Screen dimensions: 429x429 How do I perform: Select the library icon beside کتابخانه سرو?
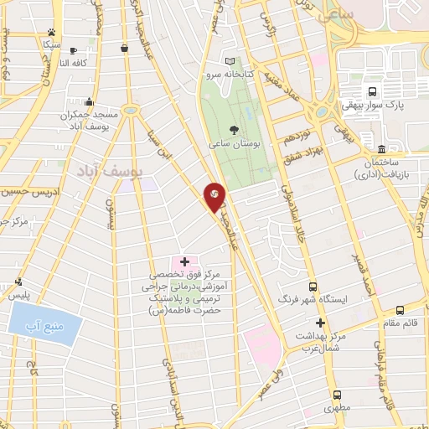(x=231, y=62)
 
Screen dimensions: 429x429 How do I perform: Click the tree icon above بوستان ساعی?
(x=233, y=129)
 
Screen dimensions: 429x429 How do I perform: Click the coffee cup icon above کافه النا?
(x=73, y=50)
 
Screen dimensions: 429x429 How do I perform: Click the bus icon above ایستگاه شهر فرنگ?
(x=313, y=287)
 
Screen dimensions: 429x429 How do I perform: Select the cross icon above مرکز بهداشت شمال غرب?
(x=319, y=323)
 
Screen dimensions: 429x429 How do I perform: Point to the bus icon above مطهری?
(x=337, y=395)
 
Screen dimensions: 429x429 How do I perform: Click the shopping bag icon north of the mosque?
(x=124, y=48)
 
